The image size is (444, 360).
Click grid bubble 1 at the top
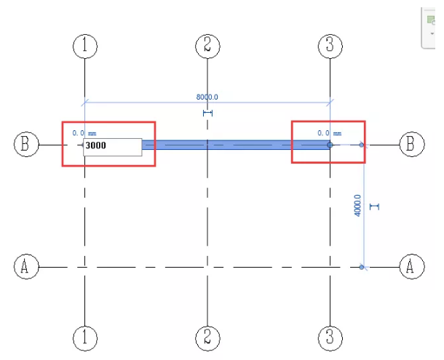tap(85, 46)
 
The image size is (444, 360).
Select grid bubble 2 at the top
tap(207, 46)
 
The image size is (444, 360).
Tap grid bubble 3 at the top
tap(330, 46)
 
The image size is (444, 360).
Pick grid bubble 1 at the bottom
tap(85, 337)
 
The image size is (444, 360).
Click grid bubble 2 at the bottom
tap(207, 337)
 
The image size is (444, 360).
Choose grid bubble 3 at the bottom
tap(330, 337)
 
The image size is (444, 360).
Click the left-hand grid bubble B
tap(25, 144)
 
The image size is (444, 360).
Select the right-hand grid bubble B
tap(411, 144)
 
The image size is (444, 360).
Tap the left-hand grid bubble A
tap(25, 266)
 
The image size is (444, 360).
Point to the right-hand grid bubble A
tap(411, 266)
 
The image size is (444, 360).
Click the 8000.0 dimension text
tap(207, 96)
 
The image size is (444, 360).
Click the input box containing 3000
tap(112, 146)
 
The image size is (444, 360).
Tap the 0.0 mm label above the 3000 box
tap(84, 133)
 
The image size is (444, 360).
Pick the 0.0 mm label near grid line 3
tap(329, 133)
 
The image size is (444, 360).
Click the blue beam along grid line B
tap(233, 145)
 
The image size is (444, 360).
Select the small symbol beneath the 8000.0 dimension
tap(207, 113)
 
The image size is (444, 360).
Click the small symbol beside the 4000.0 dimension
tap(374, 207)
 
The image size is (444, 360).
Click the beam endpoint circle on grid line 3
tap(330, 145)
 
